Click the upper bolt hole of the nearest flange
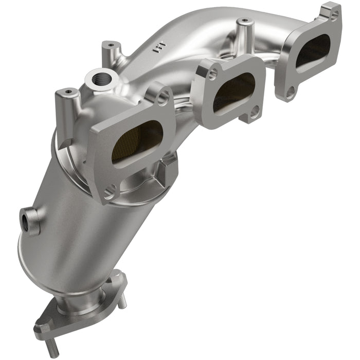(163, 97)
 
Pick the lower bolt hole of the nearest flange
(110, 194)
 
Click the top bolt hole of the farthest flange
(333, 15)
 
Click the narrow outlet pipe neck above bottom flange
(85, 301)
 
